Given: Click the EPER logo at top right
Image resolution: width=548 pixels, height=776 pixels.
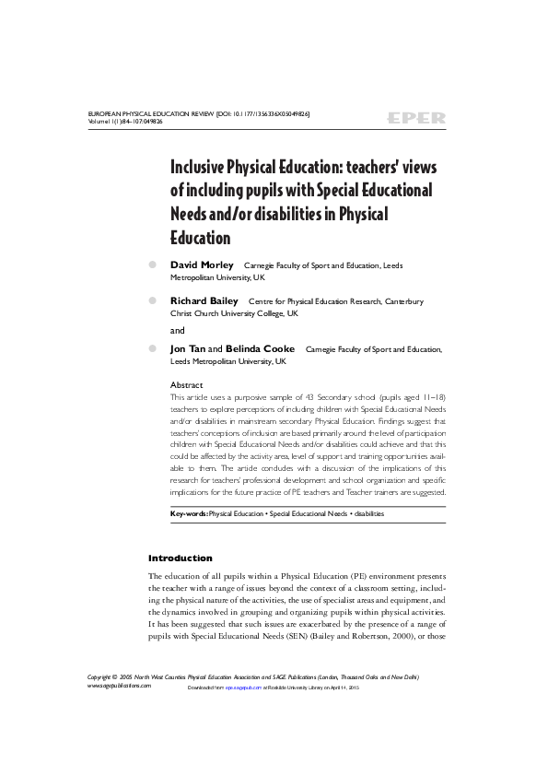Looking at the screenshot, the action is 416,118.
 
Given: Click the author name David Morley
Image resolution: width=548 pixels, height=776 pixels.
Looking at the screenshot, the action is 202,265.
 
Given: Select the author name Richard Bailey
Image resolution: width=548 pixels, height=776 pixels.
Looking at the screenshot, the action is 204,300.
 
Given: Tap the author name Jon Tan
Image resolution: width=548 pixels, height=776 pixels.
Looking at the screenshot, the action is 188,349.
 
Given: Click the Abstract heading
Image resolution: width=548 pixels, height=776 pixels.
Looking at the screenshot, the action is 187,384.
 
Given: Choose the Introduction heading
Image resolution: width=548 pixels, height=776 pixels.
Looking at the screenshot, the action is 181,558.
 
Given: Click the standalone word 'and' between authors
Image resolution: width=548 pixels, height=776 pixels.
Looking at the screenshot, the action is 178,329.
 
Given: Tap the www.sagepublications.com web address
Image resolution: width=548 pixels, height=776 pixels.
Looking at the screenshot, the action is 118,686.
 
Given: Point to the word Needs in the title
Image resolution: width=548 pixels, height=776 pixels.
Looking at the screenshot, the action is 192,214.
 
